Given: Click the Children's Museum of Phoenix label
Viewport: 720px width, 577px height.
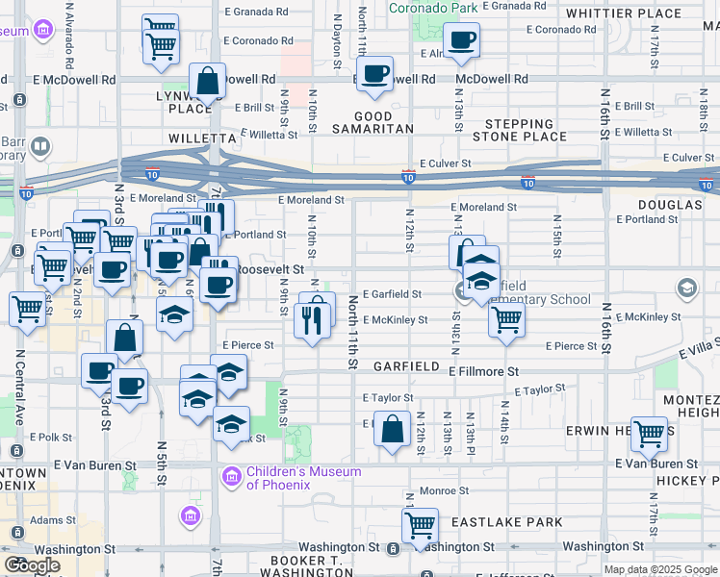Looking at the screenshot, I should [x=303, y=477].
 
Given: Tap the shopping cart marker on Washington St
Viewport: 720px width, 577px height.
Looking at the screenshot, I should [x=421, y=526].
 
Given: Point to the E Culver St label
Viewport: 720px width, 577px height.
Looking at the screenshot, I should [x=444, y=164].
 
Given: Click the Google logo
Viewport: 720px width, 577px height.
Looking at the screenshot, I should [x=32, y=565].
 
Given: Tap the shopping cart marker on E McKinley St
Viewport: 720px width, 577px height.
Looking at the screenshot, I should [x=506, y=319].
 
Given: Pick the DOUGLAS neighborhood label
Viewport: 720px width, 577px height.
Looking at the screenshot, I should [x=668, y=205].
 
